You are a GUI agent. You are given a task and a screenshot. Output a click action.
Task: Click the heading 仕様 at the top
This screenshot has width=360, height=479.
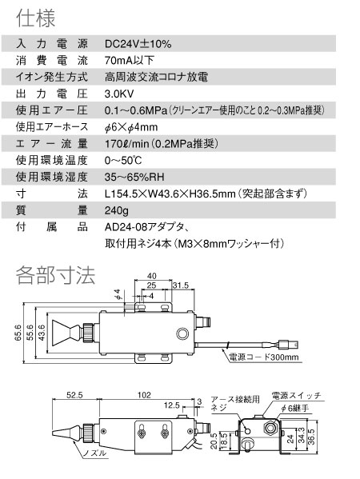35,18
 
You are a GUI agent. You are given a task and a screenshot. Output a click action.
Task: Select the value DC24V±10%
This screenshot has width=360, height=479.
138,44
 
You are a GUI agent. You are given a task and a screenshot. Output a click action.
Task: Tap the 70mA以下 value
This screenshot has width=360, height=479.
129,61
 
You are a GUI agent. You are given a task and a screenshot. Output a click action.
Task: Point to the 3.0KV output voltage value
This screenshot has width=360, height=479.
119,94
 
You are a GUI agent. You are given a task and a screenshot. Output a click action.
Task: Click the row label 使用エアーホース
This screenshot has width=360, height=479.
52,127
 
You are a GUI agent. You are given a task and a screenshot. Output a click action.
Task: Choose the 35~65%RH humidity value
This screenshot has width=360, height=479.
134,177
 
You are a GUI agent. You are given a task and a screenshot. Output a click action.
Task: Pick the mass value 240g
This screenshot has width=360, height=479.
117,210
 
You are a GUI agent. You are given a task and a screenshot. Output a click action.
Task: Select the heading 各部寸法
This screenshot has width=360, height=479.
55,276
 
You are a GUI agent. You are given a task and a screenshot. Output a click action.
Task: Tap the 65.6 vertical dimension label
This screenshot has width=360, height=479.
18,333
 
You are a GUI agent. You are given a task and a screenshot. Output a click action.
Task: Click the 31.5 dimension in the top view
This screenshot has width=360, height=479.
181,285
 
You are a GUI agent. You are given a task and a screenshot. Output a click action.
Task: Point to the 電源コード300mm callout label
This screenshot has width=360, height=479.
264,357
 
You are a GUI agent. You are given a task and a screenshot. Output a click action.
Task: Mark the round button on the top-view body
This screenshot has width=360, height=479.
182,333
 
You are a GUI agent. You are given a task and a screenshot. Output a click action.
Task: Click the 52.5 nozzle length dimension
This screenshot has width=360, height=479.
75,395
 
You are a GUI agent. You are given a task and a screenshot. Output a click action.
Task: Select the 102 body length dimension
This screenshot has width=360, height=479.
144,395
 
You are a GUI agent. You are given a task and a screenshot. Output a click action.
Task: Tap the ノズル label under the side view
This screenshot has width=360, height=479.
95,453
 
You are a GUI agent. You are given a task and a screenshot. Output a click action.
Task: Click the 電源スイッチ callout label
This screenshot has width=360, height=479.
297,396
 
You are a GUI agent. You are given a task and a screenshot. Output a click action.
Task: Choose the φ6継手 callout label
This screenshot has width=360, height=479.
294,408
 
